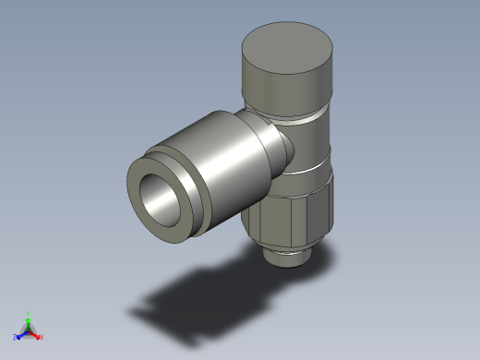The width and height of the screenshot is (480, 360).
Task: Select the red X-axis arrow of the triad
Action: [36, 333]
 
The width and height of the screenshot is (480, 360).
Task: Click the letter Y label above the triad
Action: [29, 312]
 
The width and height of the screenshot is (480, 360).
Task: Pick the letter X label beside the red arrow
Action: [42, 337]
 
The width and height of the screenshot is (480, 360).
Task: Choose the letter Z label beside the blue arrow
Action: [16, 337]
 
